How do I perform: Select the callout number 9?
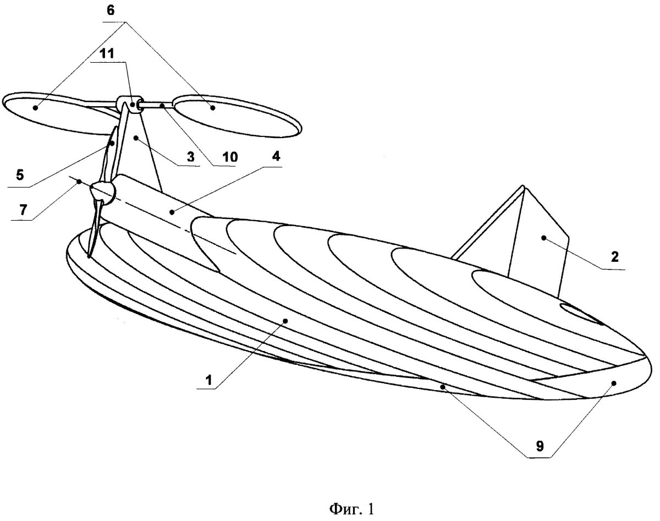pyautogui.click(x=540, y=447)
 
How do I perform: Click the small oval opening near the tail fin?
pyautogui.click(x=577, y=313)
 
